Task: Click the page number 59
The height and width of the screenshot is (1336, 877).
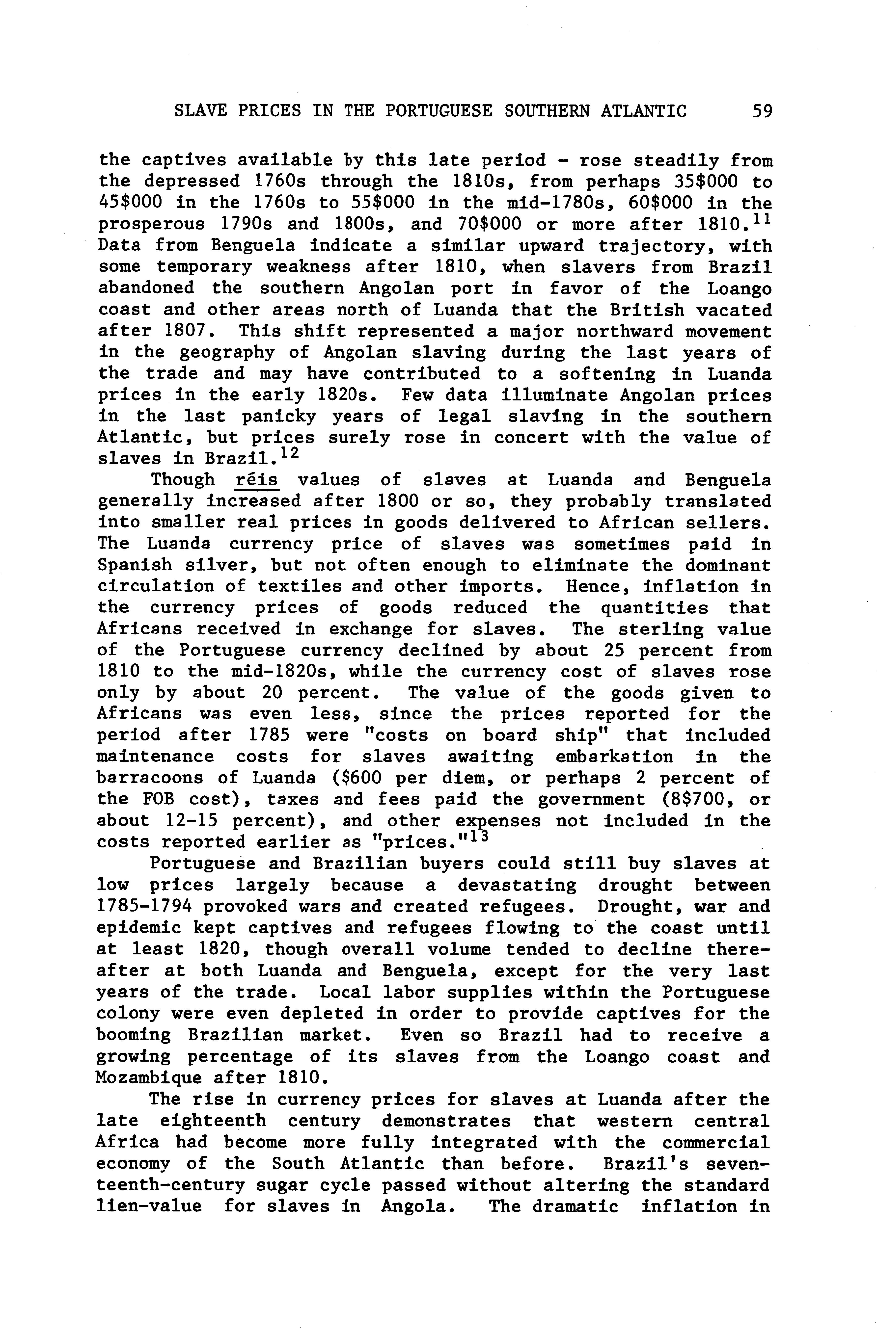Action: [x=762, y=111]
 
